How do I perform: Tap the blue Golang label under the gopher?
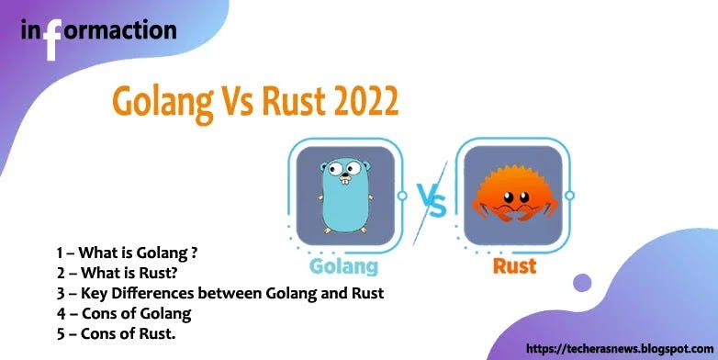click(x=343, y=267)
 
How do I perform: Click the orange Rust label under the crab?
click(x=515, y=267)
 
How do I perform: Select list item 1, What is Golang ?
click(x=127, y=252)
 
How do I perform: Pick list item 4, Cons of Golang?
click(x=123, y=314)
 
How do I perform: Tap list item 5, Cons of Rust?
click(x=116, y=334)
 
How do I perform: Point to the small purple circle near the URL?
click(x=582, y=283)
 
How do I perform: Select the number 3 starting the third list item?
click(x=60, y=293)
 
